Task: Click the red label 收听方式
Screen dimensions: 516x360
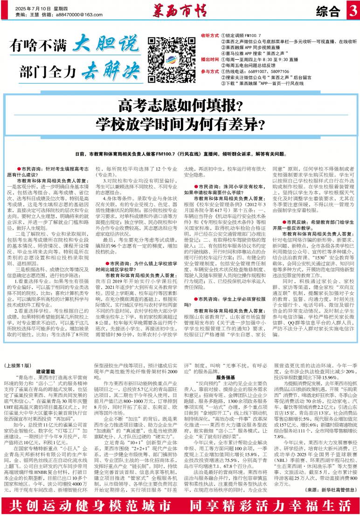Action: [209, 35]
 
